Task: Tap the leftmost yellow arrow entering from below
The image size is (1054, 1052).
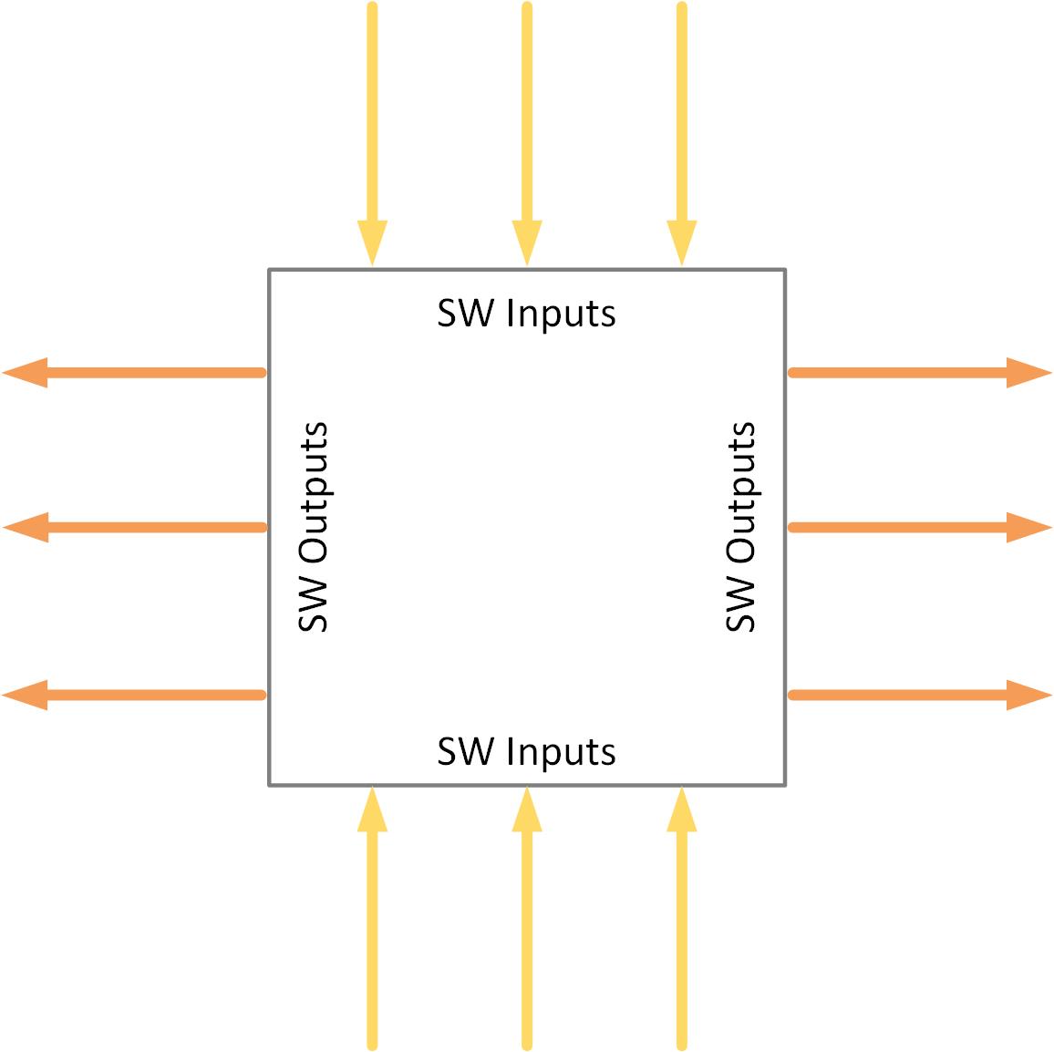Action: [372, 921]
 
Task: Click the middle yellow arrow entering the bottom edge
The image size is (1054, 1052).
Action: [527, 921]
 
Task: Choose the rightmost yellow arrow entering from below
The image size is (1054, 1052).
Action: [682, 921]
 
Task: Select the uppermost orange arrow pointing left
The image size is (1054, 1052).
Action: [137, 372]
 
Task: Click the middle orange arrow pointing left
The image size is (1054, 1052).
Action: [137, 527]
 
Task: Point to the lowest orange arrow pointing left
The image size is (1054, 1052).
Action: [137, 695]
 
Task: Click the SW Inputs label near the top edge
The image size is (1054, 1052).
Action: [526, 314]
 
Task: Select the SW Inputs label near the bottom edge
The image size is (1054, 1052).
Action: [526, 752]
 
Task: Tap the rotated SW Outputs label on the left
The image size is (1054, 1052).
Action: [313, 526]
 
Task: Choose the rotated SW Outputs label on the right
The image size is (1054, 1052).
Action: [740, 526]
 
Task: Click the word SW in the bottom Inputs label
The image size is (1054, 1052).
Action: [466, 752]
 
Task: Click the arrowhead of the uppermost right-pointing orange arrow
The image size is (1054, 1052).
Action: [1028, 372]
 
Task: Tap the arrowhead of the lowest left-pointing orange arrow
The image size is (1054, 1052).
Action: [26, 695]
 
